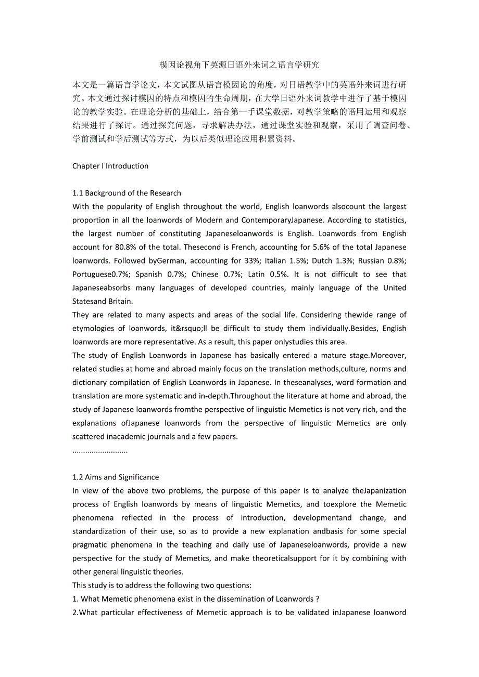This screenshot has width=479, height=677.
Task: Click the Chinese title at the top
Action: (240, 65)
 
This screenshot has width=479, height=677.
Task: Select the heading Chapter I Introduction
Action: (110, 166)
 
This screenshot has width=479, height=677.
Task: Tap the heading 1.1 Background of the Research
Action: (127, 193)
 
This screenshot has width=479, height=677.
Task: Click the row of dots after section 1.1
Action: (100, 450)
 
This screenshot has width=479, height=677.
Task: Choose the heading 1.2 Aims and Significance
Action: (116, 477)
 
